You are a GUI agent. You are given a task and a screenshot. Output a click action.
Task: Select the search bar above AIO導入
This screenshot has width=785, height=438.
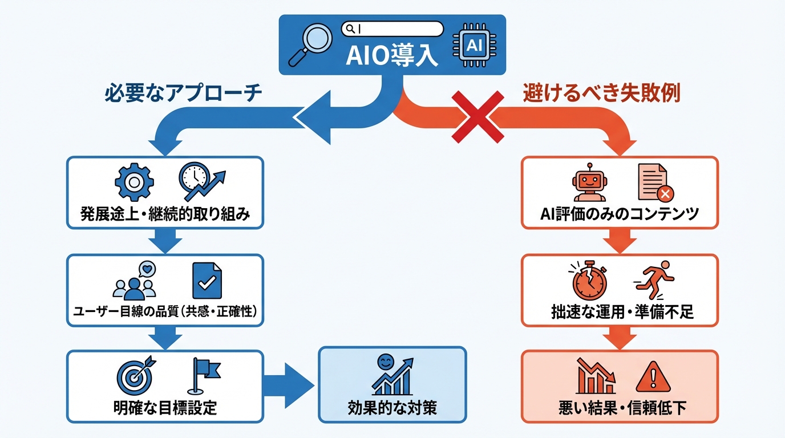(392, 29)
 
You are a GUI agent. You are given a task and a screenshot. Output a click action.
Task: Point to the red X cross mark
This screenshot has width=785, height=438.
(478, 116)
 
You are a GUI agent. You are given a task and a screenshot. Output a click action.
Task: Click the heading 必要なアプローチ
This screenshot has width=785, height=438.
(183, 94)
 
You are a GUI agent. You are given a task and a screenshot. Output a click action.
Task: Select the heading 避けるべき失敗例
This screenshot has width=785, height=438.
(601, 94)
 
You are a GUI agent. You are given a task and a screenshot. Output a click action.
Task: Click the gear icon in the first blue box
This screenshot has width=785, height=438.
(134, 182)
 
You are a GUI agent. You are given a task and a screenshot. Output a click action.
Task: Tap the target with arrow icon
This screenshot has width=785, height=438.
(135, 375)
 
